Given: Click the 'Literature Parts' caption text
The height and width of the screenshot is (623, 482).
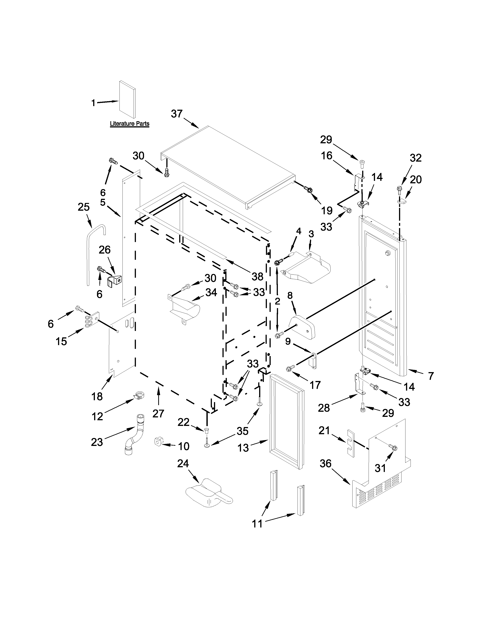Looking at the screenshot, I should tap(130, 124).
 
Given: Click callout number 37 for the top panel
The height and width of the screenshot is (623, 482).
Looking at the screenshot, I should tap(177, 114).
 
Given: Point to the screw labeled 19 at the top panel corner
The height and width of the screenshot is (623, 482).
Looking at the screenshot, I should tap(308, 189).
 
